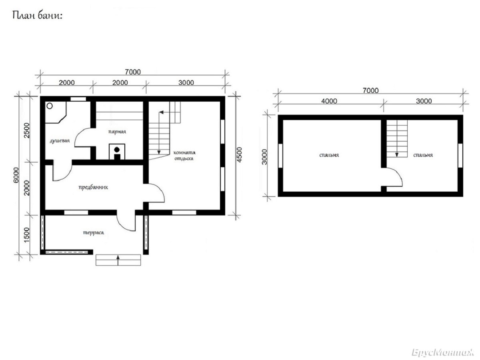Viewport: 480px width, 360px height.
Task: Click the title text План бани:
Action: (x=37, y=16)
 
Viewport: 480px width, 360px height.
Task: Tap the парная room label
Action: (x=117, y=132)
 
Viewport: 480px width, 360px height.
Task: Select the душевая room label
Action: (x=60, y=141)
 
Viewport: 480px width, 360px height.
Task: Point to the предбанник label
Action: (x=93, y=187)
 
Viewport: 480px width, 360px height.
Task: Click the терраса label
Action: (x=93, y=233)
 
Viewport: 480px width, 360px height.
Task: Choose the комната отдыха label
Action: (x=184, y=156)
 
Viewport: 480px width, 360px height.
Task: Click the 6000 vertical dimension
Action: (x=16, y=175)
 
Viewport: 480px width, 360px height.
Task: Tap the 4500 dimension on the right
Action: (x=240, y=155)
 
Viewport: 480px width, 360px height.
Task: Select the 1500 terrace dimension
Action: (x=26, y=235)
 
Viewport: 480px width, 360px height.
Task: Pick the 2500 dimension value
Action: (x=26, y=130)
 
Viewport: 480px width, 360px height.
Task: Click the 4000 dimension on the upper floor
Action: (x=329, y=101)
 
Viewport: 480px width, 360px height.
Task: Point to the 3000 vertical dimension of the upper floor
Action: (x=264, y=157)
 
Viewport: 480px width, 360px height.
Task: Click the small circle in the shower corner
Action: (x=50, y=106)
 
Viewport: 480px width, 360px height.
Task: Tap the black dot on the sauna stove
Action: (x=117, y=150)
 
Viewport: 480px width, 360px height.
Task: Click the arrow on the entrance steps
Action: (x=118, y=260)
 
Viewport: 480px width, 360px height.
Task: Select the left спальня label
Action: (x=329, y=155)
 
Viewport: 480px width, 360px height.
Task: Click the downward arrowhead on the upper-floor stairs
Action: (x=397, y=155)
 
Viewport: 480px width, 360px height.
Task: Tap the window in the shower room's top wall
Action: (x=78, y=99)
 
